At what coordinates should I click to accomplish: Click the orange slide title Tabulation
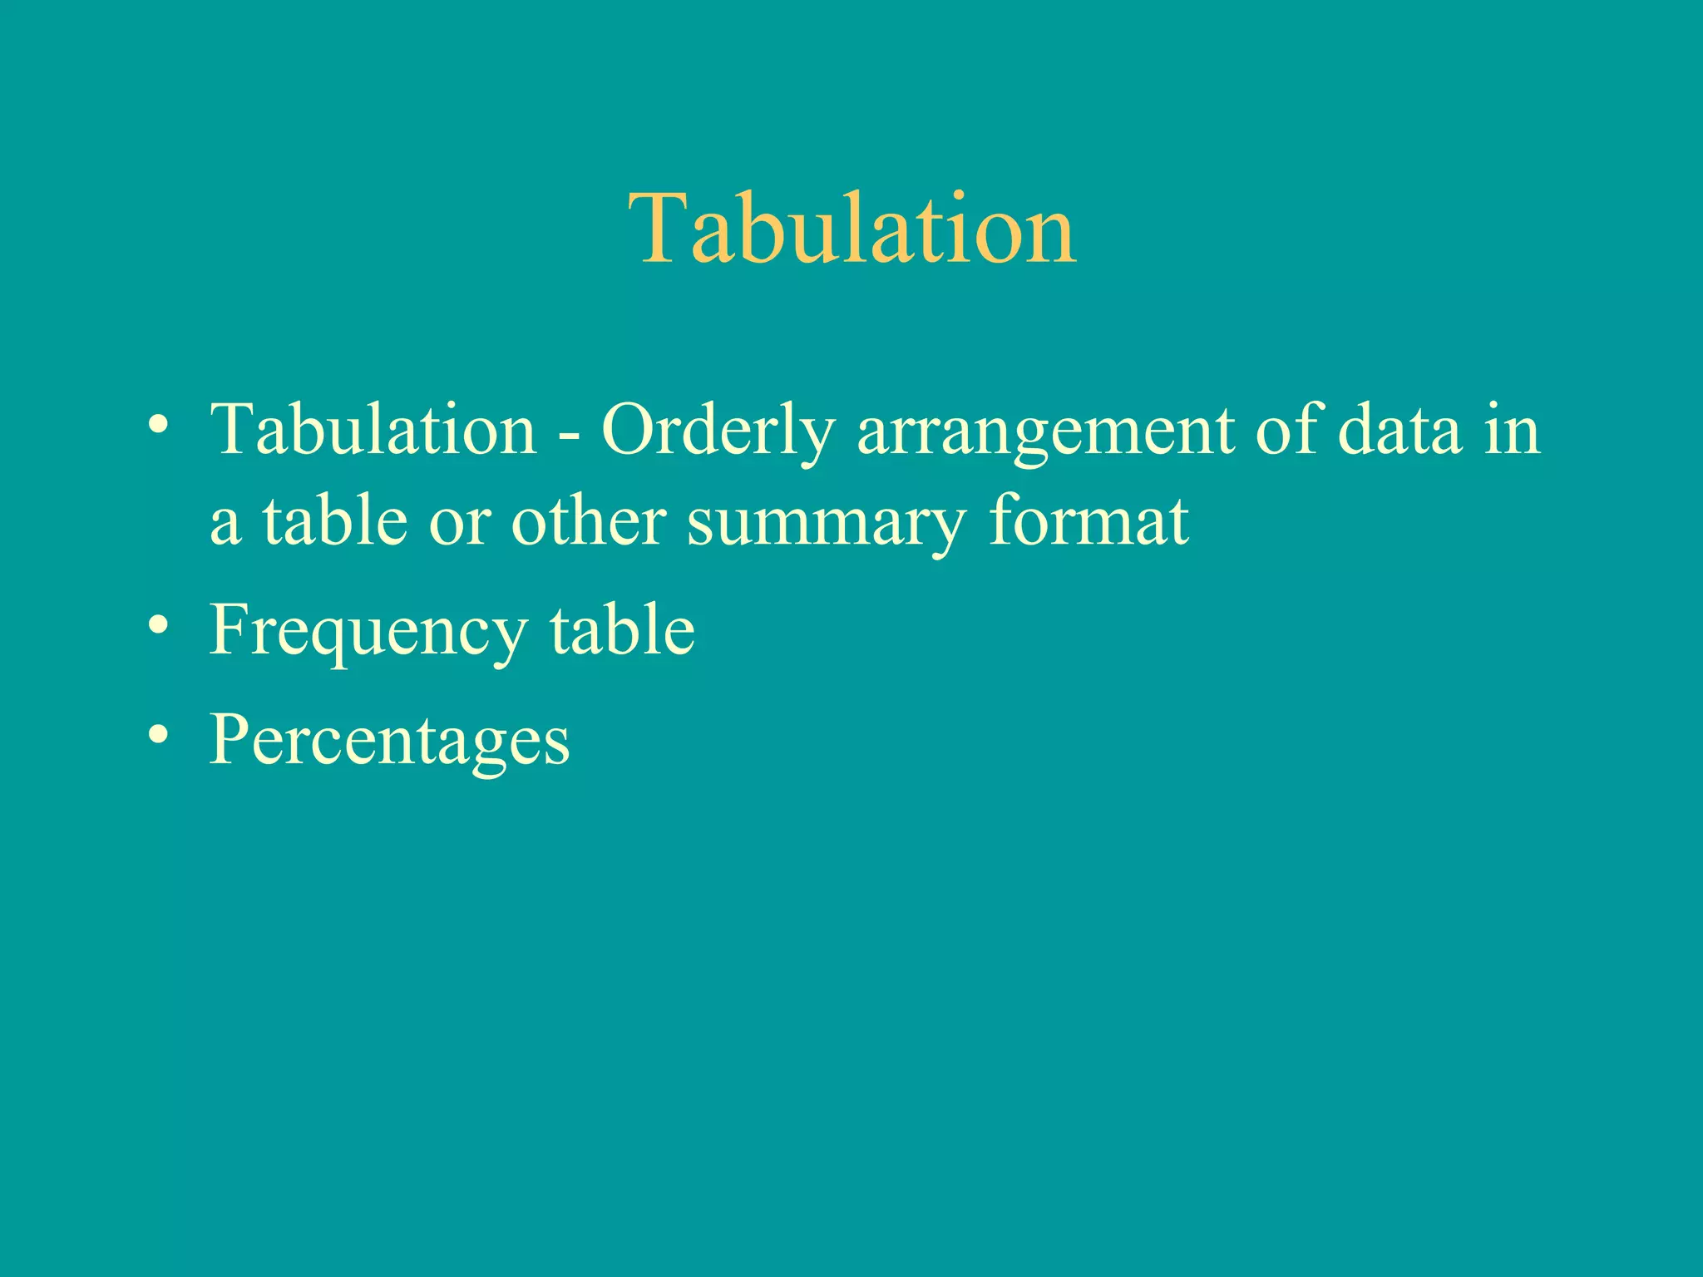click(x=851, y=229)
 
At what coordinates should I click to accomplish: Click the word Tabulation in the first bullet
click(x=373, y=430)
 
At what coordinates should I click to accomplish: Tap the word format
click(x=1088, y=520)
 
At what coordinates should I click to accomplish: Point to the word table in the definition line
click(x=335, y=520)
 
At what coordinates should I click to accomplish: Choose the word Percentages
click(x=389, y=740)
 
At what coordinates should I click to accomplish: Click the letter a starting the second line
click(x=226, y=525)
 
